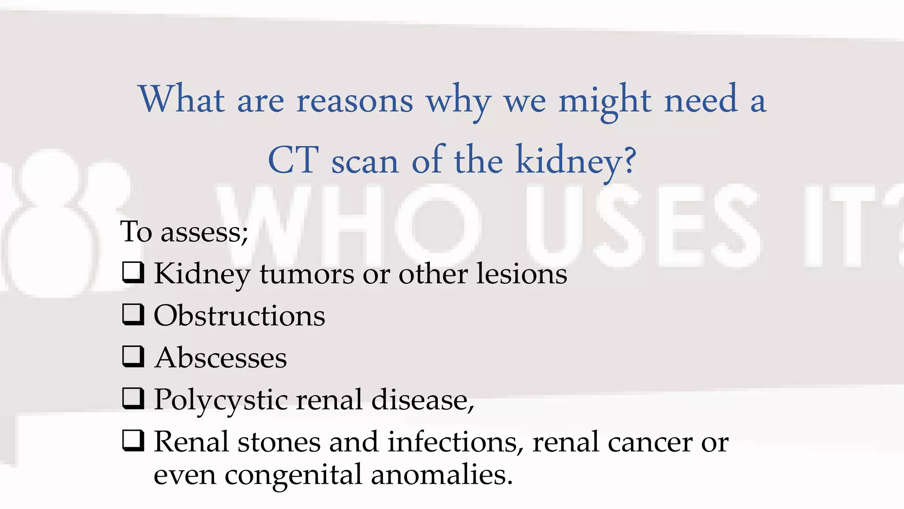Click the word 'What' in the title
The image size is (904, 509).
pyautogui.click(x=182, y=99)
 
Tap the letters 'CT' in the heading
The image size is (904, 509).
pyautogui.click(x=294, y=160)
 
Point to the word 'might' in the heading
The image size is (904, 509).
pyautogui.click(x=605, y=100)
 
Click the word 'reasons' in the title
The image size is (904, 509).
pyautogui.click(x=355, y=101)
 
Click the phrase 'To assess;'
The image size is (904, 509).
pyautogui.click(x=184, y=232)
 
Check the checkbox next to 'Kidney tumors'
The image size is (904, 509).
pyautogui.click(x=133, y=273)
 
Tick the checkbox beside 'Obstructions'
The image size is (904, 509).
pyautogui.click(x=133, y=315)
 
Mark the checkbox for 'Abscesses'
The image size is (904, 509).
pyautogui.click(x=133, y=357)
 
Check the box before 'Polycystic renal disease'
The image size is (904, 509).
pyautogui.click(x=133, y=399)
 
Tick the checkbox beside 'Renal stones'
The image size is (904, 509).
pyautogui.click(x=133, y=441)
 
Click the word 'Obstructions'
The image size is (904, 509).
pyautogui.click(x=239, y=315)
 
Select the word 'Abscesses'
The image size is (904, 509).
pyautogui.click(x=221, y=357)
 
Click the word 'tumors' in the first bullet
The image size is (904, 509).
pyautogui.click(x=307, y=274)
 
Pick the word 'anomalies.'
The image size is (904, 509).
pyautogui.click(x=442, y=475)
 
